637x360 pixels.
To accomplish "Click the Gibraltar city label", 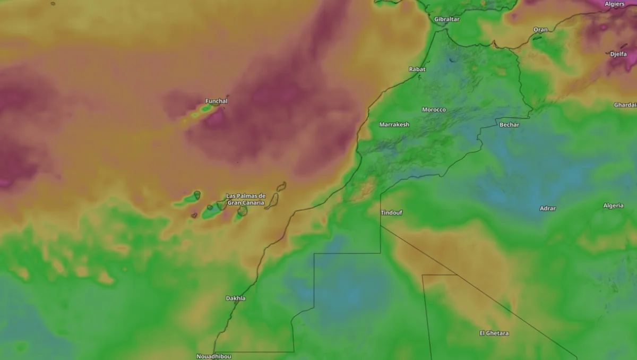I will [446, 19].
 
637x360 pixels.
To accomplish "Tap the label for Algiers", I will [615, 4].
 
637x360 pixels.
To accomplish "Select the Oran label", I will [540, 30].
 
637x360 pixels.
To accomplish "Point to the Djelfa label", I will [618, 54].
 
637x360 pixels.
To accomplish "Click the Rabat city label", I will [417, 69].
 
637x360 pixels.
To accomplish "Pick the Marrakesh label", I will [394, 124].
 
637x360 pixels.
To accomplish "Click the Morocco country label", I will [434, 109].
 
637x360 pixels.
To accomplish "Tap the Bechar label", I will [509, 125].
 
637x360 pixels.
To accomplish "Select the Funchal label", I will [217, 101].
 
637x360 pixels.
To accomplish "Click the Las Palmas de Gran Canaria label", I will [246, 199].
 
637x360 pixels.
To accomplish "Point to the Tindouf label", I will [391, 213].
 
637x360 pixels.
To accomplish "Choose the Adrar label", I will [548, 209].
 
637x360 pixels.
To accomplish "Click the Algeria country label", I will [613, 205].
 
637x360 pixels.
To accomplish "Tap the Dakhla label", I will [236, 298].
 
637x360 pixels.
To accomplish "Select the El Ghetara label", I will [494, 333].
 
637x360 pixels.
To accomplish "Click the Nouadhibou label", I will [213, 356].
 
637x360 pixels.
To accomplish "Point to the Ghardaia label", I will [625, 105].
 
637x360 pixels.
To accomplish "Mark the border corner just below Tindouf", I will [381, 226].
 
